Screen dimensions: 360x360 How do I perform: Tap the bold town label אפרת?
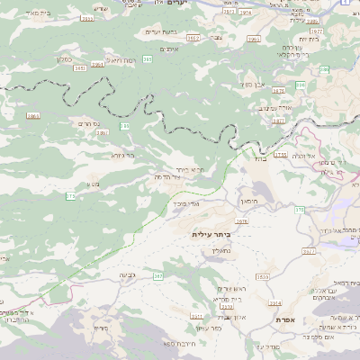click(286, 320)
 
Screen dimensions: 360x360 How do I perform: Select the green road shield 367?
click(157, 276)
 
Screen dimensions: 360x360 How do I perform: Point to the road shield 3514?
click(275, 303)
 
